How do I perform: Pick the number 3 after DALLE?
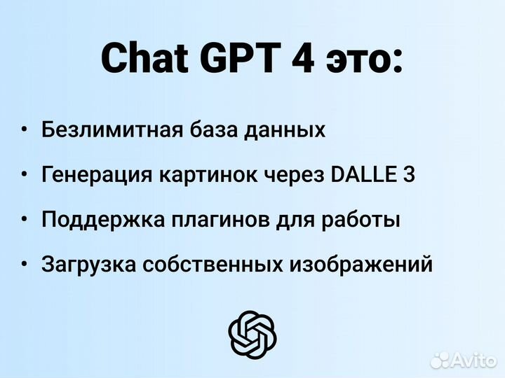(409, 174)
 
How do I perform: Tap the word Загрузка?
(88, 265)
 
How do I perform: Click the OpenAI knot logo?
(252, 333)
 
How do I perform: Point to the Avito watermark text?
(473, 360)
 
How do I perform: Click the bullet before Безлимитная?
(25, 129)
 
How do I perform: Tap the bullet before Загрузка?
(25, 265)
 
